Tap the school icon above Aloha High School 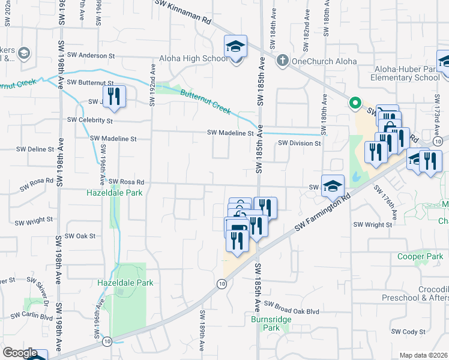[x=236, y=46]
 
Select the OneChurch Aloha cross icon [x=282, y=61]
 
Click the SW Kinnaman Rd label [x=184, y=12]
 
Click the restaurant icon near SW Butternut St [x=113, y=95]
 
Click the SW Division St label [x=300, y=143]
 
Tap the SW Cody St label [x=408, y=331]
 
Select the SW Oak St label [x=80, y=236]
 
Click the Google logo [x=20, y=352]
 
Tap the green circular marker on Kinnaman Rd [x=355, y=103]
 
